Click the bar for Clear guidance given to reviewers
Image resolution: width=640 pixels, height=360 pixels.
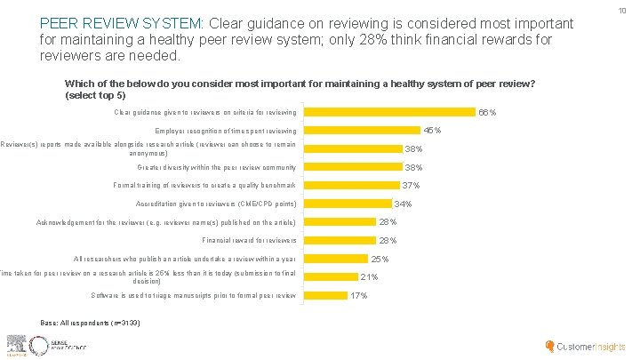coord(390,112)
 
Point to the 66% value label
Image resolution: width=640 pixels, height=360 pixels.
coord(487,113)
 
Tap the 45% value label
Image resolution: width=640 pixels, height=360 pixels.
coord(432,131)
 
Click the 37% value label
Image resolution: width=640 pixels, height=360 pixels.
coord(411,186)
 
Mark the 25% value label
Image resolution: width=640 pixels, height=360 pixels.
coord(380,259)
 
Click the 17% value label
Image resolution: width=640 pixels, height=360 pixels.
coord(359,295)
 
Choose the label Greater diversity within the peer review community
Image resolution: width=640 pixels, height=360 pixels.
coord(217,167)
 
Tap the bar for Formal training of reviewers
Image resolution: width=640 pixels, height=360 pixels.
coord(352,185)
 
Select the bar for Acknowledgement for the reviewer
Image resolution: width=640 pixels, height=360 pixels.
coord(340,222)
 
